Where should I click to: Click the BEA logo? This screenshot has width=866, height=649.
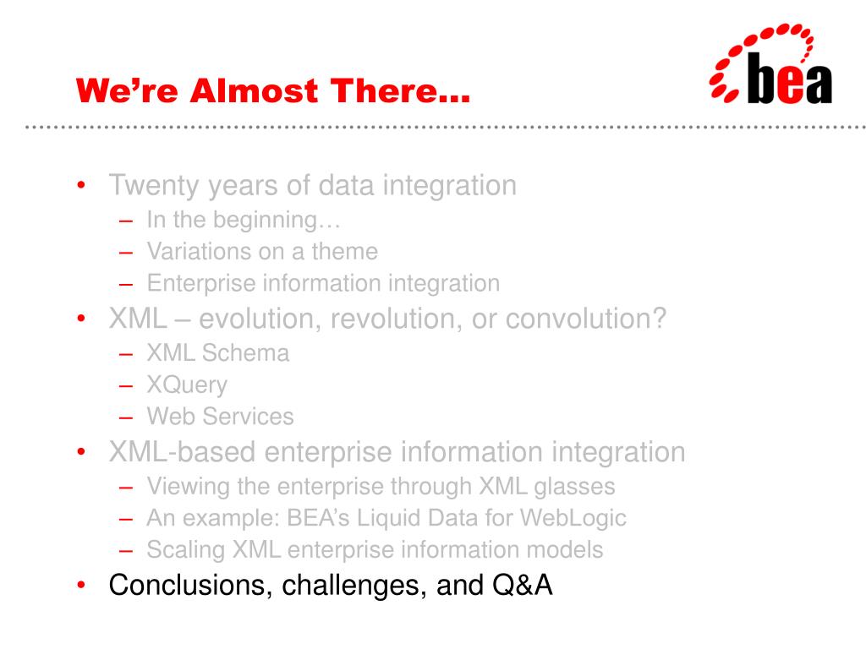[x=771, y=64]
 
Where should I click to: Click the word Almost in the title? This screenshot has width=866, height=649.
[x=254, y=90]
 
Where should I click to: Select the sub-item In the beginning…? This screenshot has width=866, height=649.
[x=244, y=221]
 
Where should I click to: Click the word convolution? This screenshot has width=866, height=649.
[x=585, y=319]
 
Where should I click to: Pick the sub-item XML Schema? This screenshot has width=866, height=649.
[x=217, y=353]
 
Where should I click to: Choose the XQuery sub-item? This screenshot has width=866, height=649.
[x=187, y=385]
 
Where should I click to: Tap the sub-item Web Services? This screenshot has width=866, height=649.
[x=220, y=417]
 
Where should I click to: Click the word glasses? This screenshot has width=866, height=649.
[x=574, y=488]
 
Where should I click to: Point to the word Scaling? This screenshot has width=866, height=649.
[x=185, y=551]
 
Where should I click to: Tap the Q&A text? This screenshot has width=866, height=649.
[x=522, y=585]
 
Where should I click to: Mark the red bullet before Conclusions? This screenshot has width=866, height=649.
[x=81, y=585]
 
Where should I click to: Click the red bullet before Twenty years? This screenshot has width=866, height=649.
[x=81, y=184]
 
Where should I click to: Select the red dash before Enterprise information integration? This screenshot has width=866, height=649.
[x=126, y=285]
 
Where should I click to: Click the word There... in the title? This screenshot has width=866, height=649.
[x=400, y=90]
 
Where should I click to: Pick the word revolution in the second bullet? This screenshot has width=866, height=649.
[x=396, y=319]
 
